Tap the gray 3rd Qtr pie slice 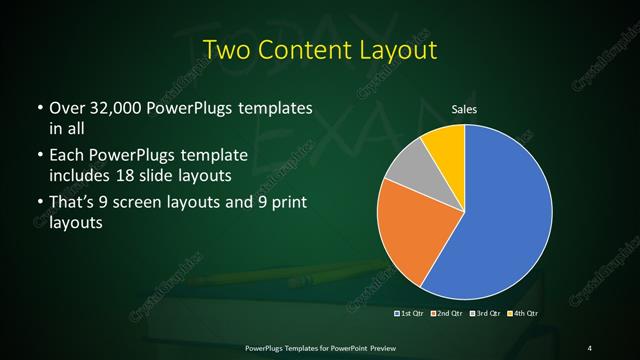click(407, 169)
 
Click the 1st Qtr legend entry click(409, 314)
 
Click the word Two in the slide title click(226, 49)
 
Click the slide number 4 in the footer click(590, 347)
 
